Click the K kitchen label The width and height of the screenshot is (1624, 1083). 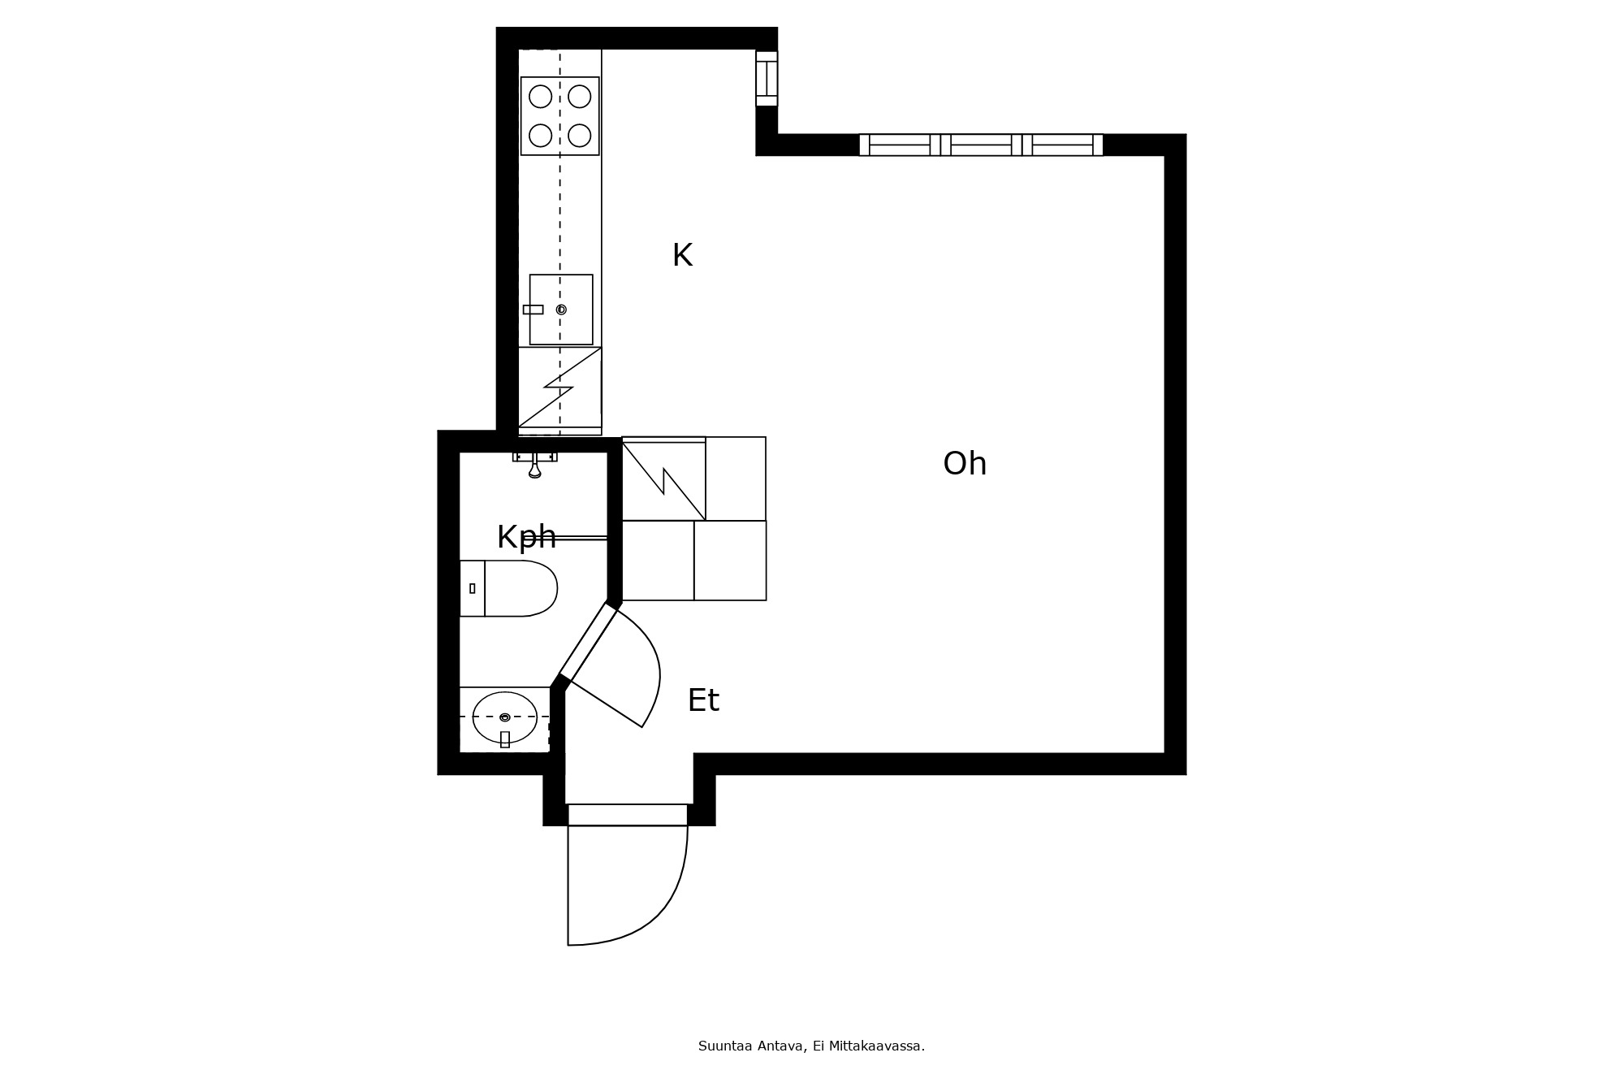point(682,255)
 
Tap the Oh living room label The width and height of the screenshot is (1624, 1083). point(965,464)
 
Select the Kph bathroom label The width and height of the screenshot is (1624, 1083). point(526,538)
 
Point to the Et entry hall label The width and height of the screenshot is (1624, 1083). point(703,700)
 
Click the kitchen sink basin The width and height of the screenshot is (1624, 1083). point(561,310)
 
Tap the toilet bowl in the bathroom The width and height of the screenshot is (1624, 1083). point(520,588)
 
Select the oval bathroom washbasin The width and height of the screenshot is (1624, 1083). point(505,717)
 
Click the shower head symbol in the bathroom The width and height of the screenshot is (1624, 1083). point(534,466)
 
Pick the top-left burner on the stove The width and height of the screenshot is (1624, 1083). point(541,97)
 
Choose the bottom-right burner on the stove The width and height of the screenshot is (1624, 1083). point(580,136)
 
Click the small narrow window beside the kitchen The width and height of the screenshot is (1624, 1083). point(767,79)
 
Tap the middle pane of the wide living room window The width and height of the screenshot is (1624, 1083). point(981,145)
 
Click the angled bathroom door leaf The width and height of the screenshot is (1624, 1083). point(589,642)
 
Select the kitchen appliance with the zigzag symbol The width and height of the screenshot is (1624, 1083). point(560,388)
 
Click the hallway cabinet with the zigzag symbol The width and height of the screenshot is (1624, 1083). point(663,479)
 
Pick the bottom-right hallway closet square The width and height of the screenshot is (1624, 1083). point(730,561)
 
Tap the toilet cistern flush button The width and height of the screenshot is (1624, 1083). point(473,588)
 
